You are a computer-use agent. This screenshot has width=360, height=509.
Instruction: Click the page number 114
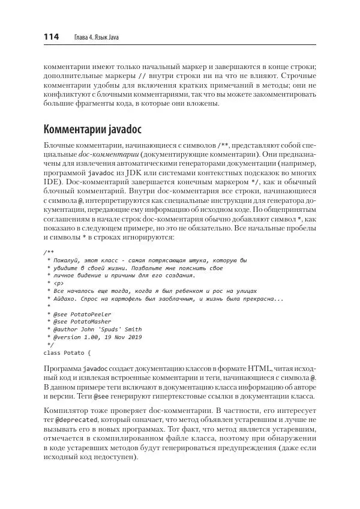tap(51, 37)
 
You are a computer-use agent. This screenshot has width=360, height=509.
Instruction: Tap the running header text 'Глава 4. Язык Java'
tap(96, 38)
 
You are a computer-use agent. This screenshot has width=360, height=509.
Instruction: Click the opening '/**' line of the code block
tap(49, 252)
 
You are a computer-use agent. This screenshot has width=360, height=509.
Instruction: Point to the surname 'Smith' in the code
tap(132, 330)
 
